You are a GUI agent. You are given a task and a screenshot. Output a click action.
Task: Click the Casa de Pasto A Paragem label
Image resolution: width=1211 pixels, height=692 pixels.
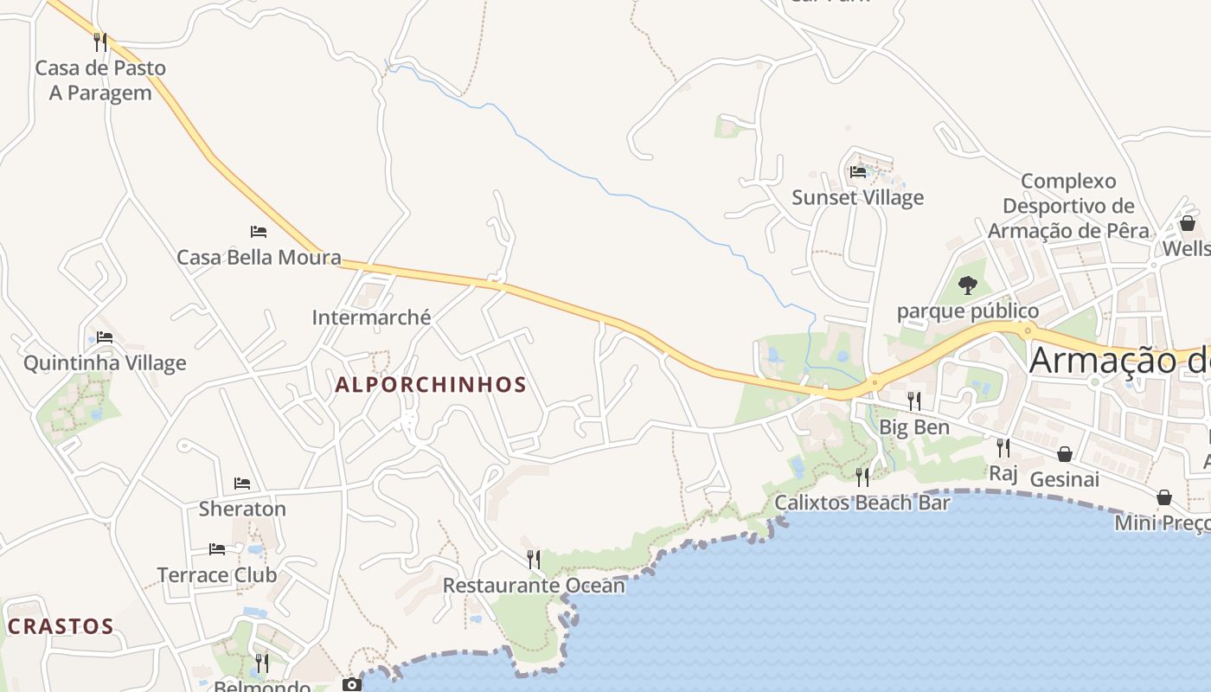click(x=100, y=80)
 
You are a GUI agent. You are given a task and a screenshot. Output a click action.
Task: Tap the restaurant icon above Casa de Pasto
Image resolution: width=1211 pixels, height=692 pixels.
click(x=100, y=41)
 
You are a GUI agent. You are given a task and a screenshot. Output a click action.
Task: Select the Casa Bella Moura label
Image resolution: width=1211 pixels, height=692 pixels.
click(x=259, y=257)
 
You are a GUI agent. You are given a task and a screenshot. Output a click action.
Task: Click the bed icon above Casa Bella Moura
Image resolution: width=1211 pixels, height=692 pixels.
click(x=259, y=231)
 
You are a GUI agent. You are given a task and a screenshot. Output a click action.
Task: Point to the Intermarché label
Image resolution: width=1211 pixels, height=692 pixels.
click(x=371, y=317)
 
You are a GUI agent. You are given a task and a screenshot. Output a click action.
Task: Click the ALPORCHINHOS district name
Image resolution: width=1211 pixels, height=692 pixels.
click(x=431, y=385)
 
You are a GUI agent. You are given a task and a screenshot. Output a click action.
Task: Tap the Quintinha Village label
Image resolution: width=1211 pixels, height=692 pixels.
click(x=105, y=362)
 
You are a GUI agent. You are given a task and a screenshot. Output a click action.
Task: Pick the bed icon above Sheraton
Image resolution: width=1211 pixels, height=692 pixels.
click(x=242, y=483)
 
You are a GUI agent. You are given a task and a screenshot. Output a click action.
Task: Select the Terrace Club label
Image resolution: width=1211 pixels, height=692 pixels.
click(x=217, y=574)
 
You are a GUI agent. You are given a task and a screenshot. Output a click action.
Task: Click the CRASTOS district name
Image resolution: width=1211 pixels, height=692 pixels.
click(x=61, y=626)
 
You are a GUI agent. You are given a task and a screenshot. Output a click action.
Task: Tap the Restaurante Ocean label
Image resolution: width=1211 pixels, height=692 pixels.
click(x=534, y=586)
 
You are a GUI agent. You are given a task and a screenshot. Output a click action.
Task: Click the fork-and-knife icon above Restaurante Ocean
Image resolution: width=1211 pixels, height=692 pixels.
click(x=534, y=559)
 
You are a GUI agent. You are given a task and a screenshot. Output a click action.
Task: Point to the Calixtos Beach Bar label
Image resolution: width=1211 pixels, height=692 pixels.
click(x=862, y=503)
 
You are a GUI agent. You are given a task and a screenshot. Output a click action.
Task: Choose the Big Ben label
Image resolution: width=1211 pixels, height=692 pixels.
click(x=914, y=427)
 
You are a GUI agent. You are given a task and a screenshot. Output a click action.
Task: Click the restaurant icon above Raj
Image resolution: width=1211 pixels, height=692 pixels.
click(x=1003, y=447)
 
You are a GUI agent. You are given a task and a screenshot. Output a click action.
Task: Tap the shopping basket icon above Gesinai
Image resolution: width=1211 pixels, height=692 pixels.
click(x=1065, y=453)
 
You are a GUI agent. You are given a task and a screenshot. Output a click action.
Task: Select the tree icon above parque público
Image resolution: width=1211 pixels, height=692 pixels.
click(x=968, y=285)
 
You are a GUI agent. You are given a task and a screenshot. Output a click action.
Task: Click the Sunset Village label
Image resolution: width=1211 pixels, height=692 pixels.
click(x=858, y=197)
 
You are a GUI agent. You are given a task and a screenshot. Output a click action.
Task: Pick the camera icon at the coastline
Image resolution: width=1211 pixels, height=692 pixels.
click(x=352, y=684)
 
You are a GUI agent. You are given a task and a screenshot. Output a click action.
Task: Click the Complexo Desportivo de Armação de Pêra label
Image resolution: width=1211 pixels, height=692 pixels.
click(x=1068, y=206)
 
